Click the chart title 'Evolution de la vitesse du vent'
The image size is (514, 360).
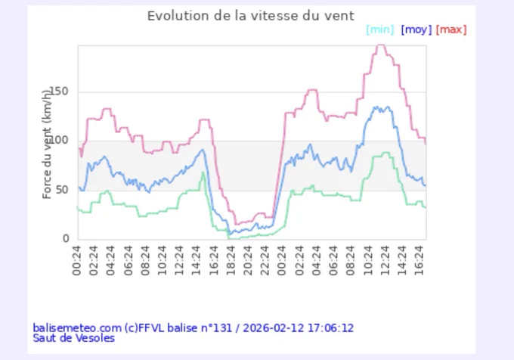pos(251,16)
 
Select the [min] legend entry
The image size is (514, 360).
pos(380,29)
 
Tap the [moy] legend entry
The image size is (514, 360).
pos(416,29)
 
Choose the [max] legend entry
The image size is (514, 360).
pos(451,29)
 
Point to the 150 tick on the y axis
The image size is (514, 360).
pos(59,92)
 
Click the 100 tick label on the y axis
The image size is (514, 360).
pos(59,141)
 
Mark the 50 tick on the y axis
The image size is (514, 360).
pos(62,190)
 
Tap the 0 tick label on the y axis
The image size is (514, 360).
pos(66,238)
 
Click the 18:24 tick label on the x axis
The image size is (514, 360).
pos(231,261)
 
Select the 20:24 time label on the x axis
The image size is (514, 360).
pos(247,261)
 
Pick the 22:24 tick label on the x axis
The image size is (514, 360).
pos(265,261)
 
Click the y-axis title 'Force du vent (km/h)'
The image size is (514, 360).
pos(47,144)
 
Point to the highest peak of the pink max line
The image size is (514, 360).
pos(380,45)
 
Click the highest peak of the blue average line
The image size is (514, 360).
pos(376,107)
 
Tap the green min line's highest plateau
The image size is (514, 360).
pos(385,153)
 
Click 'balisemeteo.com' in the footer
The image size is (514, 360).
pos(77,328)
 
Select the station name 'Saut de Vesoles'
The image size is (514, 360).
pos(74,338)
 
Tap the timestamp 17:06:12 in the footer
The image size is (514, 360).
pos(331,328)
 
